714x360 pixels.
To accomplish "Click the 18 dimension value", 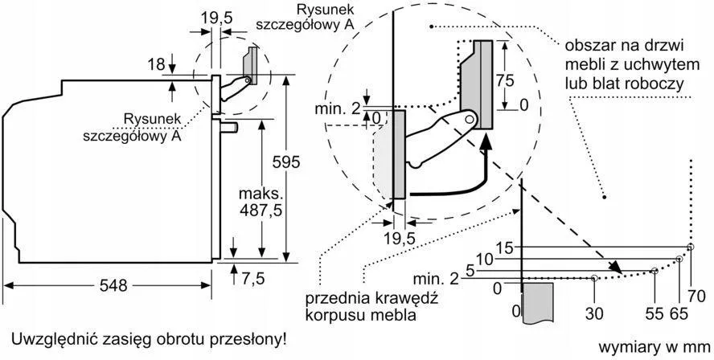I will (x=157, y=64).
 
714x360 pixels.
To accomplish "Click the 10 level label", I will (x=483, y=259).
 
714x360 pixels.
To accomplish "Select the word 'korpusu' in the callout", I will (x=332, y=315).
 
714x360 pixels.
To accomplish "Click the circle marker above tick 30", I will (x=594, y=278).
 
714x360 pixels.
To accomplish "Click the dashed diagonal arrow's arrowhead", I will (x=618, y=269).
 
